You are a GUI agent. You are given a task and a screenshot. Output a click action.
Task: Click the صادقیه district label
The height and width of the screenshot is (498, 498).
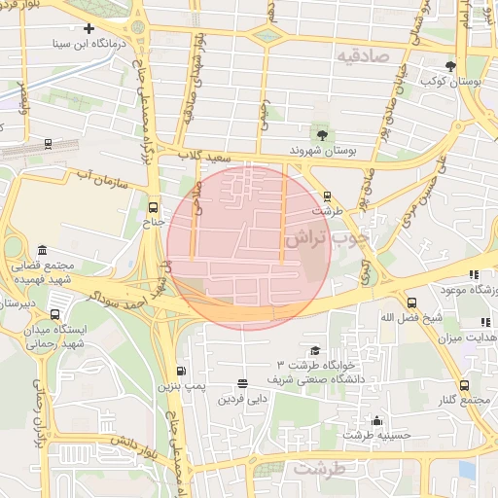pos(364,57)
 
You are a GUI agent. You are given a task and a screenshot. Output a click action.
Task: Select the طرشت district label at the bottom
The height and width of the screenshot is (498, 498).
pos(320,469)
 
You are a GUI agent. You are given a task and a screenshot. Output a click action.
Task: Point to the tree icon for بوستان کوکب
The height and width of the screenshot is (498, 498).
pos(450,66)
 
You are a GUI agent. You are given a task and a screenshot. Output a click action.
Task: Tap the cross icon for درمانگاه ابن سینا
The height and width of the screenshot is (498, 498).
pos(89,29)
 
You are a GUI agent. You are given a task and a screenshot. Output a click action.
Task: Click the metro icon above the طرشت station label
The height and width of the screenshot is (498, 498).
pos(328,195)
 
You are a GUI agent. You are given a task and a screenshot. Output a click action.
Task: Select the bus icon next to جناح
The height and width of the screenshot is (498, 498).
pos(151,206)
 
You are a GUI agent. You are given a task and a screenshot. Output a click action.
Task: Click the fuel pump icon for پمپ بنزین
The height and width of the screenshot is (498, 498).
pos(182,371)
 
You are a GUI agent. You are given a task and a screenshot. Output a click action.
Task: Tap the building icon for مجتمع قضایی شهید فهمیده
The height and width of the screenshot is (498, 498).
pos(41,250)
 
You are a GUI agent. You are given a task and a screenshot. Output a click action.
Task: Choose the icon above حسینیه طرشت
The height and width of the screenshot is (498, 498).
pos(377,420)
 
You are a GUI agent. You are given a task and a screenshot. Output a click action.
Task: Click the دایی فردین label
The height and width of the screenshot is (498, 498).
pos(242,399)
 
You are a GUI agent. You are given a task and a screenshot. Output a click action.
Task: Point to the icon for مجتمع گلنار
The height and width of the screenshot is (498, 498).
pos(464,385)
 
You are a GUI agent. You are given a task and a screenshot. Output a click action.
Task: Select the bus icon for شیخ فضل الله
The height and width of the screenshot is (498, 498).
pos(411,302)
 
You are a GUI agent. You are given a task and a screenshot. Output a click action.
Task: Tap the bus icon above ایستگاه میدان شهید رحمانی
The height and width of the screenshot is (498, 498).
pos(54,314)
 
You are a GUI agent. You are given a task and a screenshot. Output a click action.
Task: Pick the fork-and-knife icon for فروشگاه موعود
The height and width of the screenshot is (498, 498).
pos(474,275)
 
